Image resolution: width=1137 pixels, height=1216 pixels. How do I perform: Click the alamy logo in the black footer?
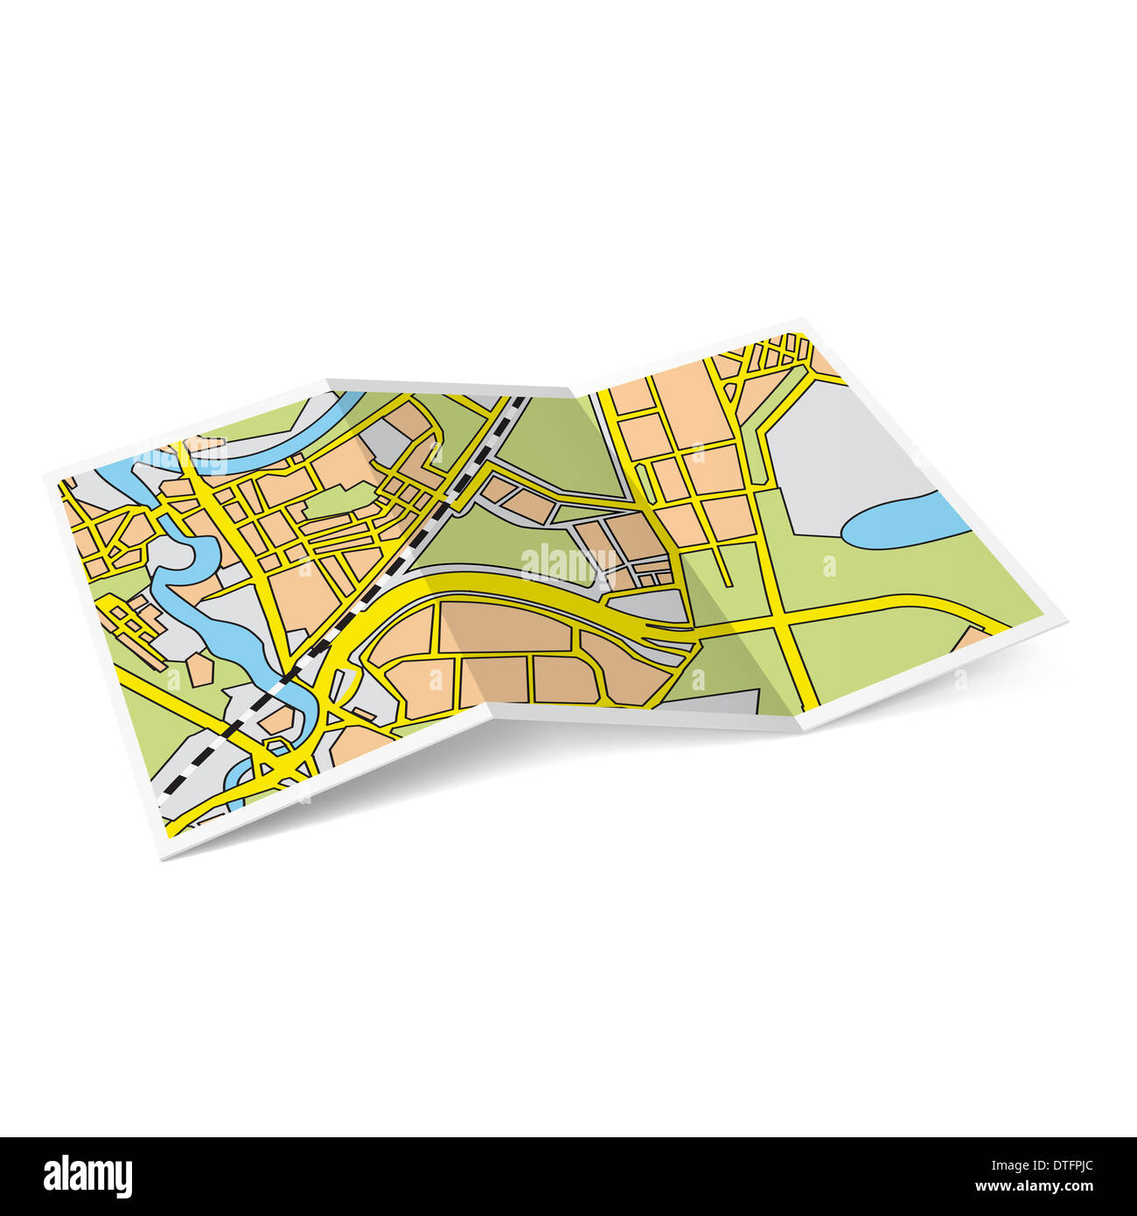87,1177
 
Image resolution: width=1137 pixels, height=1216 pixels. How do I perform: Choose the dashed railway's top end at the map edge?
521,401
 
